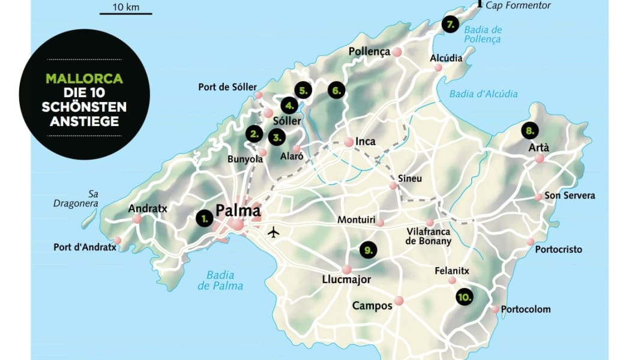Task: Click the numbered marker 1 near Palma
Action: pos(204,219)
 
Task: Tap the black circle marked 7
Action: pos(450,25)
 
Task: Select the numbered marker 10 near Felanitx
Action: pos(464,297)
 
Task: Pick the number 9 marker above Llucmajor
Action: pos(368,249)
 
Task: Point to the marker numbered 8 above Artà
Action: pos(529,130)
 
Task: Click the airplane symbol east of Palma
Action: pos(274,231)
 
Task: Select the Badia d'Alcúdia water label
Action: pos(483,94)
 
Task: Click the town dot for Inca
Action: pos(349,142)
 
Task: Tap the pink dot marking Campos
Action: pos(399,301)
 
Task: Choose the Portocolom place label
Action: pos(525,310)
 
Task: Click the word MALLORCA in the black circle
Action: pos(85,79)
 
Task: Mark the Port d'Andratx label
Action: pos(84,247)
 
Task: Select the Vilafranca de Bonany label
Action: pos(429,236)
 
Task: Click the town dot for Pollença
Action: pos(397,52)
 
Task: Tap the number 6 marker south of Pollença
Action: pos(337,91)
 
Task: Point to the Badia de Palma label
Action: pos(220,280)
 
